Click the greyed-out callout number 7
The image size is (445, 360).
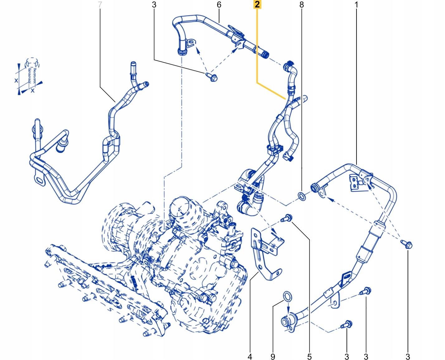(x=100, y=5)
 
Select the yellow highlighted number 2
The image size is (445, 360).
(x=257, y=4)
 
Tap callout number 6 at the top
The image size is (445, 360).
(x=219, y=5)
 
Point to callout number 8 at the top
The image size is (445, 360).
(x=301, y=5)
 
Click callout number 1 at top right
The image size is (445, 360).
(x=356, y=5)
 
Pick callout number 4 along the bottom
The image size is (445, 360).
(x=250, y=356)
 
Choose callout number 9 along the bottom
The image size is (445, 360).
(x=273, y=356)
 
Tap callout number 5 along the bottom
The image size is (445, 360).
(x=309, y=356)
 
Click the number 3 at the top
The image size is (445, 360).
(x=154, y=5)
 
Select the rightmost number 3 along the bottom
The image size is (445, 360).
(x=408, y=356)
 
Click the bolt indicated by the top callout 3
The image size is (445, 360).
(x=212, y=77)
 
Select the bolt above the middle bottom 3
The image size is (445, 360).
(x=365, y=291)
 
